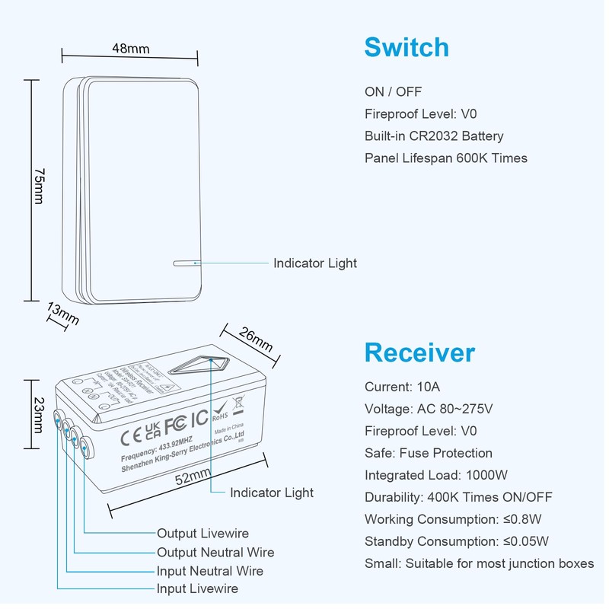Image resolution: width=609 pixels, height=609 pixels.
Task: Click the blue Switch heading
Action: (407, 47)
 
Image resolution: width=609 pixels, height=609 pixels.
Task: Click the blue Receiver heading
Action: (419, 352)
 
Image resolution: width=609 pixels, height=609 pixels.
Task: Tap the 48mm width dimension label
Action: (130, 49)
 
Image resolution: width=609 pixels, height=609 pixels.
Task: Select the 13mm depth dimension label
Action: (62, 314)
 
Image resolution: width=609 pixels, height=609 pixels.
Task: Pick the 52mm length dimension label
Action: (193, 478)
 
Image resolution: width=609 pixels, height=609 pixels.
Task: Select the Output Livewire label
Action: (202, 534)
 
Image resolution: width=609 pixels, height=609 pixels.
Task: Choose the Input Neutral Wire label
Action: (210, 571)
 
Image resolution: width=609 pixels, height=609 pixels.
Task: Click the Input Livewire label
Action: (197, 589)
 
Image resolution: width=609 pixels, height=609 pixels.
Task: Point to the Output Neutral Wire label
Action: (215, 553)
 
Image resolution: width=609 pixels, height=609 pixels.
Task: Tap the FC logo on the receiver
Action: (175, 421)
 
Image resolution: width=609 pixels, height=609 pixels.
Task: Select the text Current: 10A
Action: (402, 387)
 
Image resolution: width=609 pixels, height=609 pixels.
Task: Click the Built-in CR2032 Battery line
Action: (434, 136)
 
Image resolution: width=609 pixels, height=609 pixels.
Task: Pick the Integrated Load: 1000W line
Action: (436, 475)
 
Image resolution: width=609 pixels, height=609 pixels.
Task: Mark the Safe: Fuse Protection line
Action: (429, 453)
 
